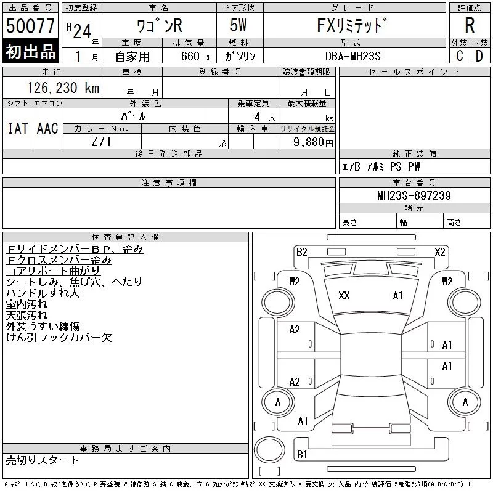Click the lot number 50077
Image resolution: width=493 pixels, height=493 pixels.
click(30, 26)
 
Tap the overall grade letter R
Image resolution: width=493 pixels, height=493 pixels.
click(470, 26)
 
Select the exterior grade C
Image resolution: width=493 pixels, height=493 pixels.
click(459, 55)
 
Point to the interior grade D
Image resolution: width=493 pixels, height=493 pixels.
click(479, 55)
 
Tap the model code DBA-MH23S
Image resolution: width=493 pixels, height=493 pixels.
click(353, 55)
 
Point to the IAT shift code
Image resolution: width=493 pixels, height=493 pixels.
click(17, 129)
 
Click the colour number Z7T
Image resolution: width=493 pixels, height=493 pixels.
click(102, 141)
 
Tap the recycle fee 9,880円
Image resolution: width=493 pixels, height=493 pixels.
click(314, 142)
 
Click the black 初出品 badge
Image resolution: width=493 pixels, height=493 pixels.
click(30, 52)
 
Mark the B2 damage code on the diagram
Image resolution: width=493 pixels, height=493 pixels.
click(301, 251)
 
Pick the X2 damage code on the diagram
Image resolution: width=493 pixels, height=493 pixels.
click(439, 251)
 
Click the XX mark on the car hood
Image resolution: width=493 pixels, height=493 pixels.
click(344, 296)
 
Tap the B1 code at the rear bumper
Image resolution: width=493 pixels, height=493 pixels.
click(302, 455)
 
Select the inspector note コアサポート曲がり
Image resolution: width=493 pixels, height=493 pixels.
click(52, 271)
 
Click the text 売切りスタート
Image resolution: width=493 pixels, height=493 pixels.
click(42, 460)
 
